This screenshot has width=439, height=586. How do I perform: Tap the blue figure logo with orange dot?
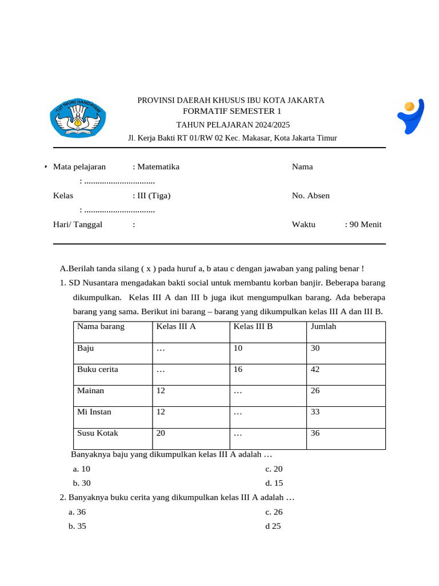pyautogui.click(x=411, y=116)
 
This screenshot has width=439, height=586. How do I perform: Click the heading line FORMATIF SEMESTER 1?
pyautogui.click(x=232, y=111)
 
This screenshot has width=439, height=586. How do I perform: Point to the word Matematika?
pyautogui.click(x=158, y=167)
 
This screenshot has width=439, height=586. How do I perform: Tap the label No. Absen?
pyautogui.click(x=310, y=195)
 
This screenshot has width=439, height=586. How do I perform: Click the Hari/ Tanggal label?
pyautogui.click(x=78, y=224)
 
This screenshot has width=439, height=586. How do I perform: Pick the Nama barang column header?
pyautogui.click(x=101, y=326)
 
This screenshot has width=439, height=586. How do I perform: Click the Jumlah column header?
pyautogui.click(x=324, y=326)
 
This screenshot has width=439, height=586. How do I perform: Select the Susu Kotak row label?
pyautogui.click(x=98, y=433)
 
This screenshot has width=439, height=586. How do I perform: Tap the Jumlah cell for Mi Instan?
pyautogui.click(x=315, y=411)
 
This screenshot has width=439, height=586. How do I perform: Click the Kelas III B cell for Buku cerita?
pyautogui.click(x=238, y=369)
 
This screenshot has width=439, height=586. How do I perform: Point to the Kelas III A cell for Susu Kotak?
pyautogui.click(x=161, y=433)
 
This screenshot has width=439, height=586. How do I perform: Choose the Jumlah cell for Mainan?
pyautogui.click(x=315, y=390)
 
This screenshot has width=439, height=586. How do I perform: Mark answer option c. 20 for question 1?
pyautogui.click(x=274, y=468)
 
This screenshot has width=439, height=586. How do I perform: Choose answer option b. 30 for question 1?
pyautogui.click(x=82, y=482)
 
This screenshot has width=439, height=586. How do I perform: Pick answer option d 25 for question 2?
pyautogui.click(x=273, y=526)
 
